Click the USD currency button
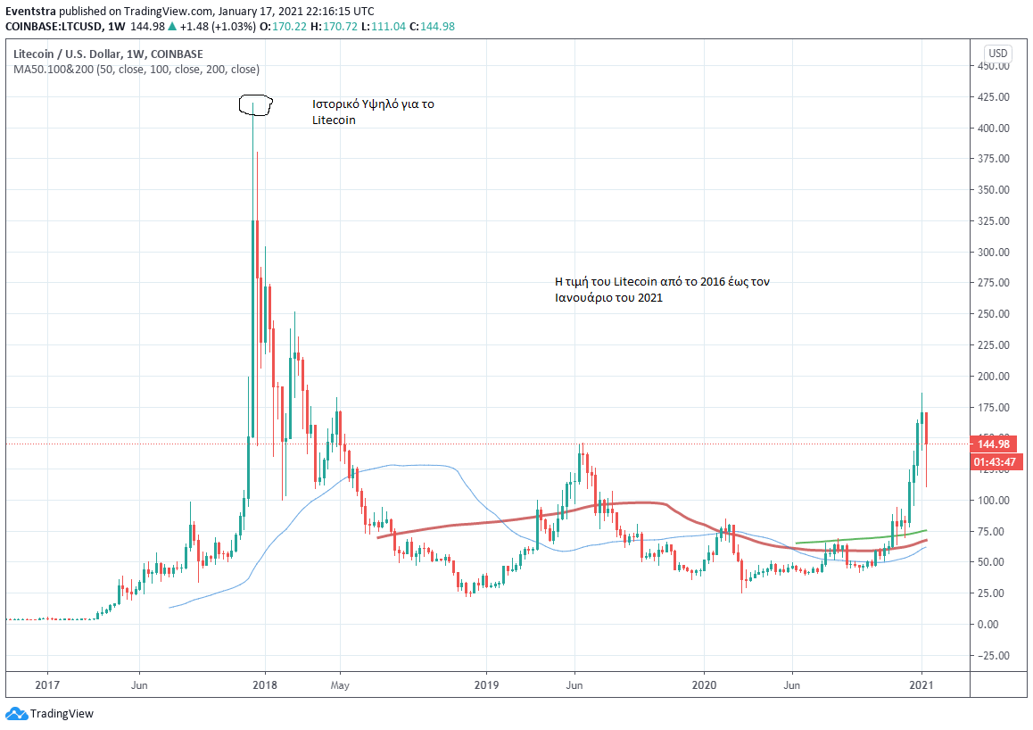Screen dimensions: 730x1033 tap(997, 54)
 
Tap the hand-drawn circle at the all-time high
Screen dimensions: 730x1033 tap(254, 105)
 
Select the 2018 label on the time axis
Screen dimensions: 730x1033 tap(265, 685)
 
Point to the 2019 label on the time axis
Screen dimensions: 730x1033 tap(485, 685)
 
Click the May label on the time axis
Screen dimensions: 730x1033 tap(340, 685)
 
